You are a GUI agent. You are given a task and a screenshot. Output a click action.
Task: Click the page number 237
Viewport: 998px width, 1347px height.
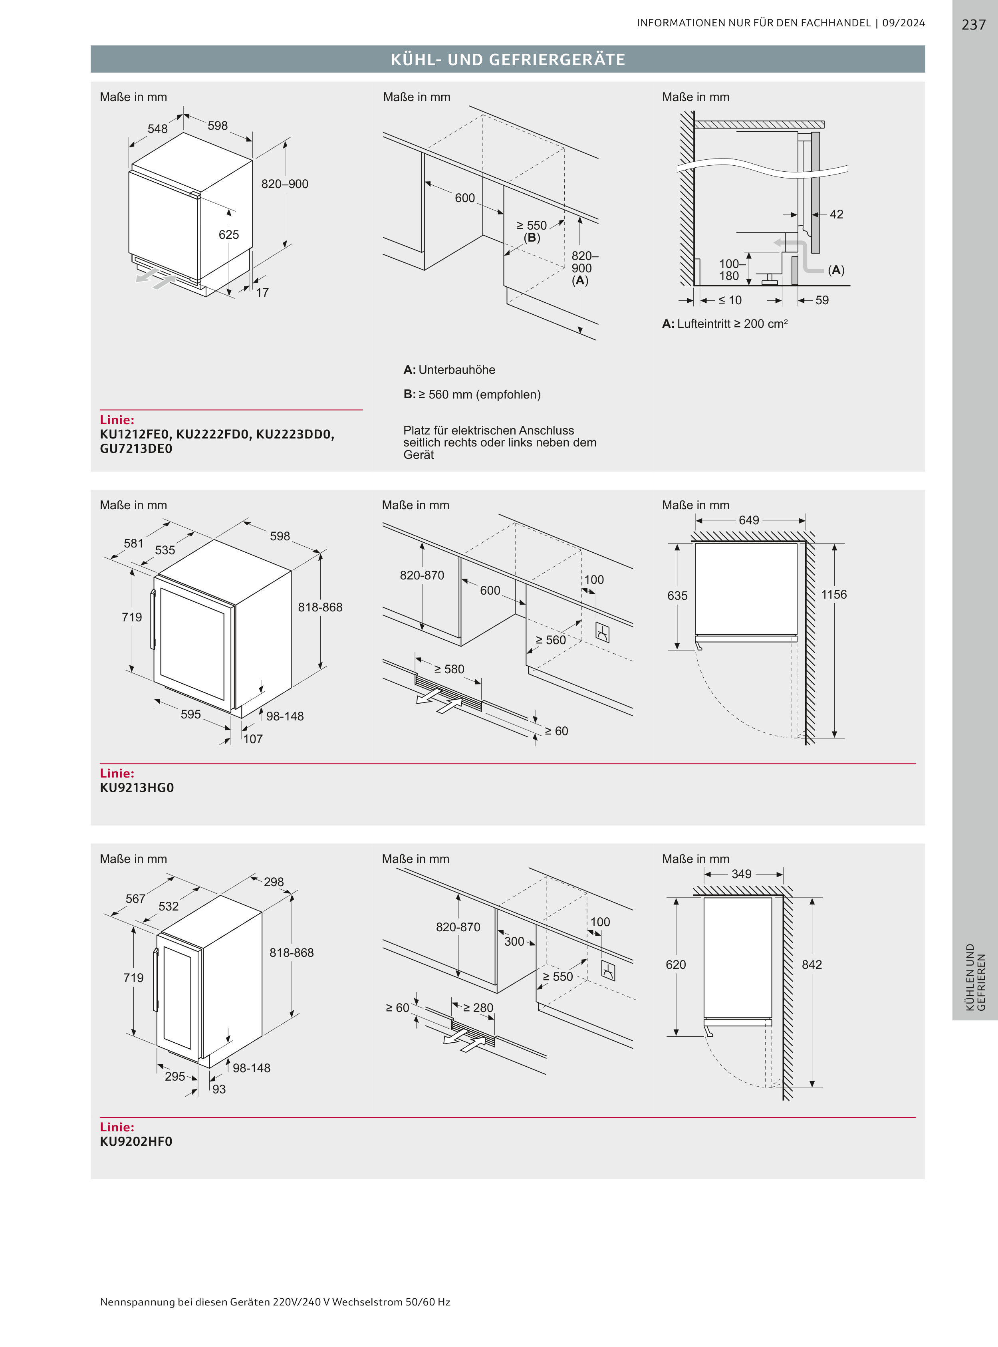973,25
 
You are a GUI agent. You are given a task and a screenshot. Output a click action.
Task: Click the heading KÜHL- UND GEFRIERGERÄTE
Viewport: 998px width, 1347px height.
508,59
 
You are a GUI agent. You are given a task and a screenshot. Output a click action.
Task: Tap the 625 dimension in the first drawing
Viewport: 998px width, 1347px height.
229,234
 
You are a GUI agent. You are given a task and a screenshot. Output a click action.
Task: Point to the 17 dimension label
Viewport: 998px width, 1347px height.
262,292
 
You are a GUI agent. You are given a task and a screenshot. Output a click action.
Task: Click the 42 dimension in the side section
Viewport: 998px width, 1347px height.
836,214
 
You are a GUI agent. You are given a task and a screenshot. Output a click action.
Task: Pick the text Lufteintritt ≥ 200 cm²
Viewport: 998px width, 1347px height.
732,324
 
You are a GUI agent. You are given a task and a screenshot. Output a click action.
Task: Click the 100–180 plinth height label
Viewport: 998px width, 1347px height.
729,270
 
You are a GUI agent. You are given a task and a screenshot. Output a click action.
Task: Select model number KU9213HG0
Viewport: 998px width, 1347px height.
137,788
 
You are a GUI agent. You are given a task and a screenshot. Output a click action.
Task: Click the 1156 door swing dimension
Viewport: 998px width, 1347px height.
834,594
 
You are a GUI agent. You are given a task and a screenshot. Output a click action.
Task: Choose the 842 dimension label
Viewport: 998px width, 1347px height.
811,965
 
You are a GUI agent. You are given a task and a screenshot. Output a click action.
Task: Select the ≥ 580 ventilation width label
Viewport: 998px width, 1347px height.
449,669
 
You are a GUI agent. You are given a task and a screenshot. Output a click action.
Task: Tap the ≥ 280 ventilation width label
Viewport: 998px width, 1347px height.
478,1008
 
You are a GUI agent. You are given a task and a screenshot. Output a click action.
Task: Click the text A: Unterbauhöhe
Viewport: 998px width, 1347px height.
449,370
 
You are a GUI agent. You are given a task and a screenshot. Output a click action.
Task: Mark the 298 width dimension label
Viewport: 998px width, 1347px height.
274,882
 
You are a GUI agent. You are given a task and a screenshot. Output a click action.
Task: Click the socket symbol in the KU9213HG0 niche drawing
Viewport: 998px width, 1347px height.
602,633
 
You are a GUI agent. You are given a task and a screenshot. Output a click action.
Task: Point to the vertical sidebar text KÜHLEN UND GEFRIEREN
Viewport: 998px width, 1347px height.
975,977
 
